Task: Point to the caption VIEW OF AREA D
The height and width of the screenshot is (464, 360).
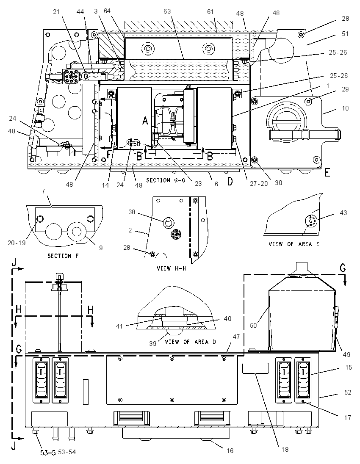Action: [190, 342]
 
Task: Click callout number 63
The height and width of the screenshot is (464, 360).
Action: [167, 11]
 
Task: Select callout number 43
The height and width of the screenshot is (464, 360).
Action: [343, 213]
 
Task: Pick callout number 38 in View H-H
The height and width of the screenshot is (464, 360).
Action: [132, 212]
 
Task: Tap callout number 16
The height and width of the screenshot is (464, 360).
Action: [230, 451]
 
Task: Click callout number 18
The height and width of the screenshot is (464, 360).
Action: [285, 450]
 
